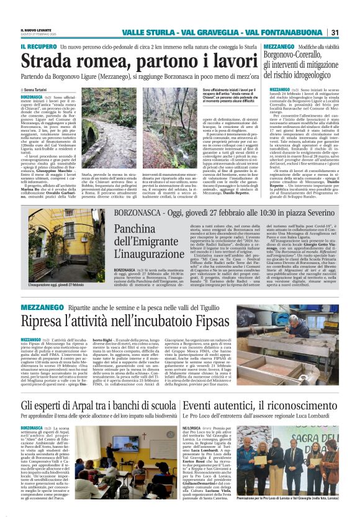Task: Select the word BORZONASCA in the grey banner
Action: (140, 213)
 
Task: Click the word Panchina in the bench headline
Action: (145, 231)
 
